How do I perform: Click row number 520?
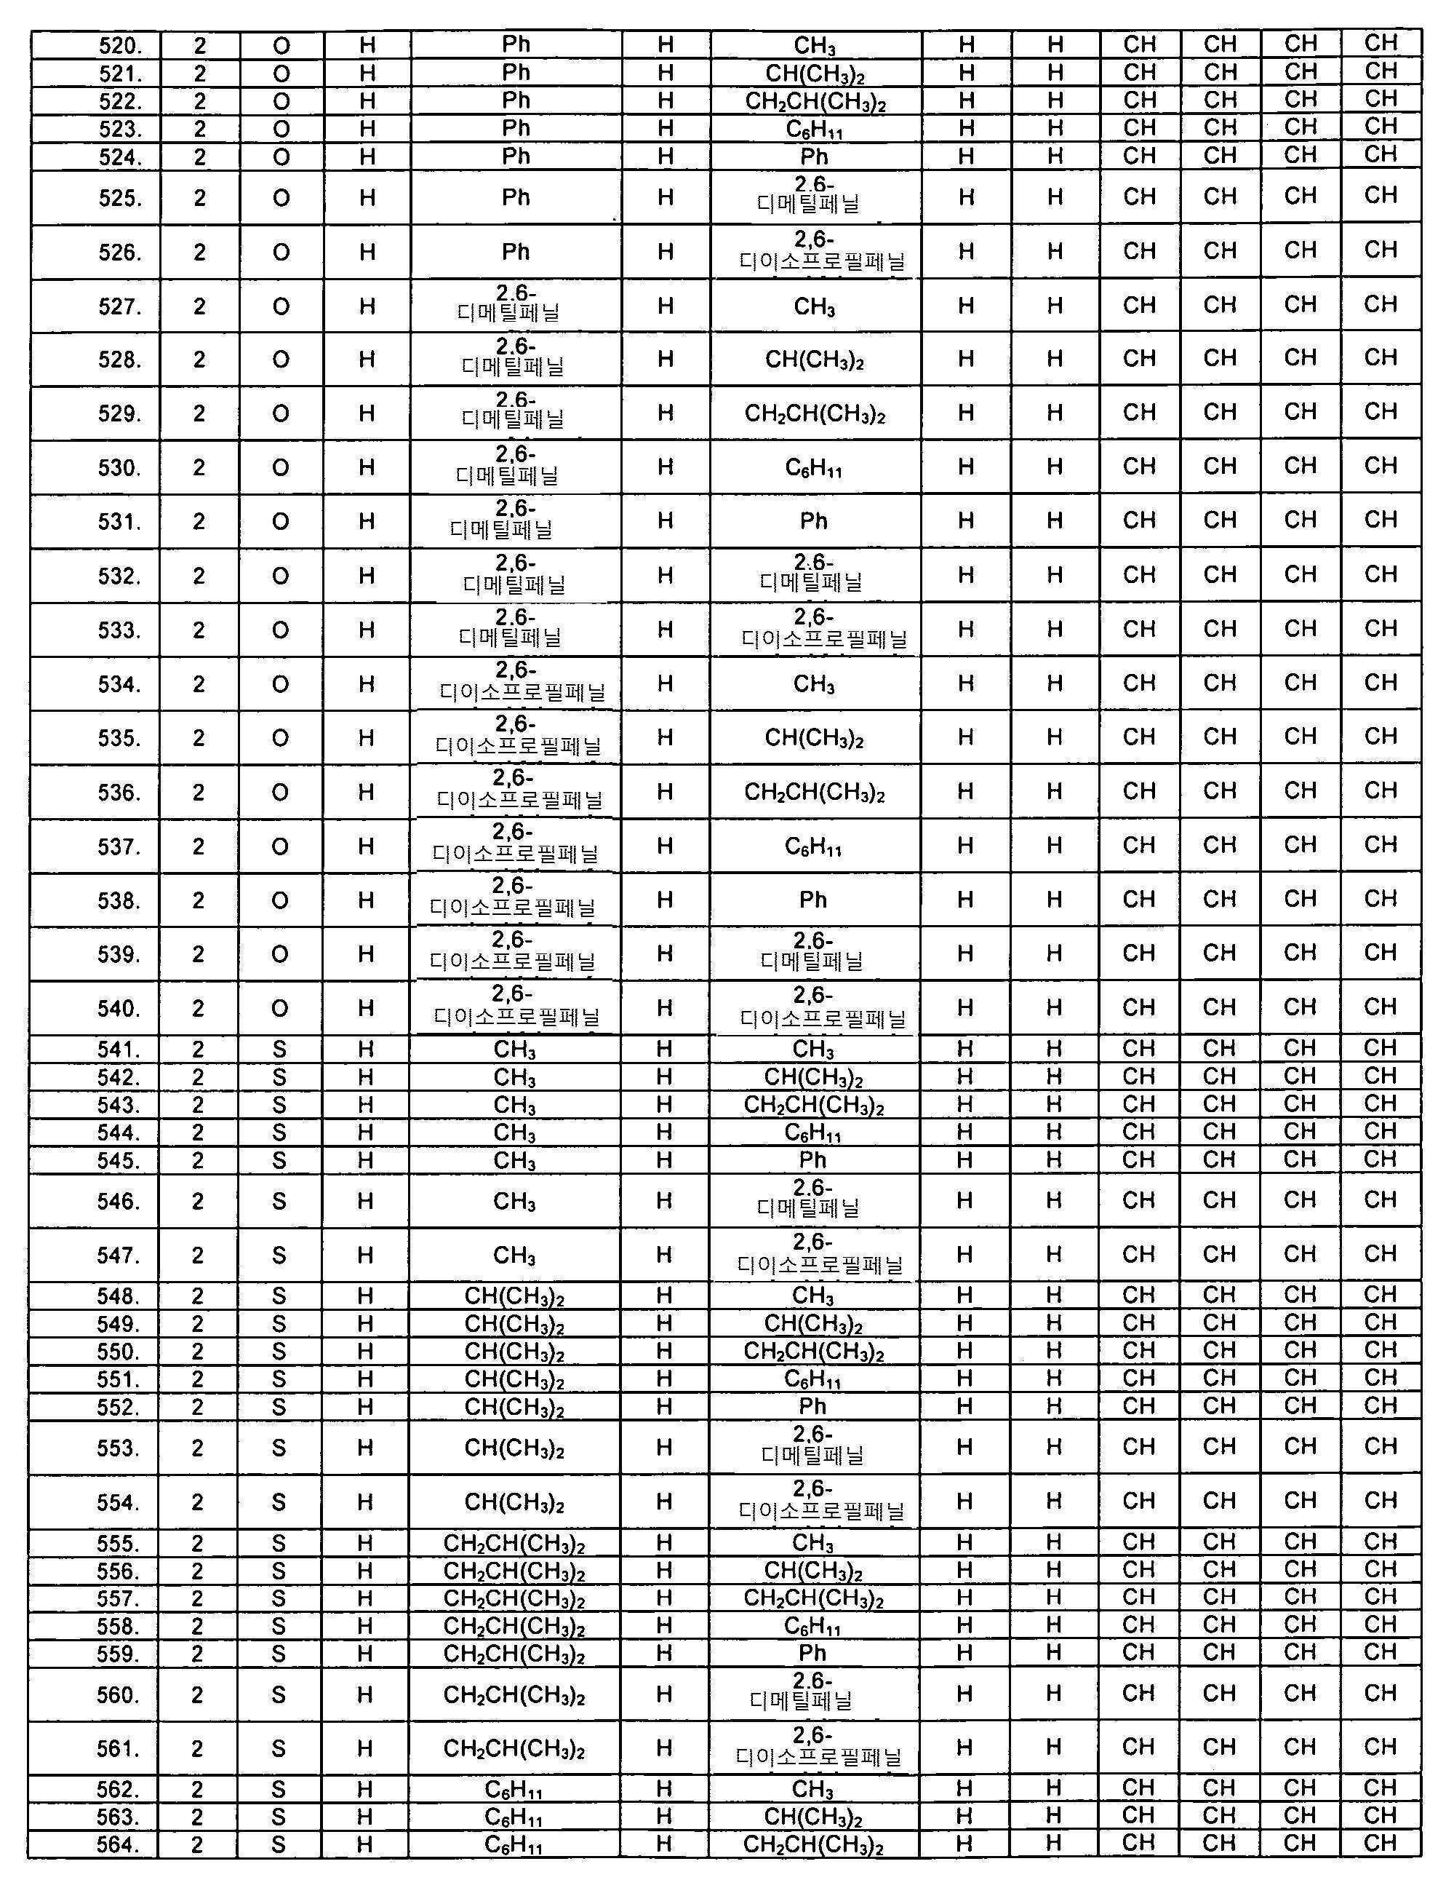click(118, 46)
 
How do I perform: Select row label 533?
click(118, 630)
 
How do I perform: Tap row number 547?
click(118, 1255)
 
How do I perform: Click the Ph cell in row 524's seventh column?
click(814, 156)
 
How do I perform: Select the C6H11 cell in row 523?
click(814, 129)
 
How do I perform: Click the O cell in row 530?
click(281, 467)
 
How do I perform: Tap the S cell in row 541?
click(279, 1050)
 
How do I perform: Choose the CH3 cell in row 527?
click(814, 306)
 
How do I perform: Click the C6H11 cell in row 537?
click(813, 847)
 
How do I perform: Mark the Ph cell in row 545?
click(812, 1159)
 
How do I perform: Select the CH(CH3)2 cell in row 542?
click(813, 1077)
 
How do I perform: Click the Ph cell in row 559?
click(812, 1653)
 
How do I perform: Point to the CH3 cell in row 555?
click(812, 1542)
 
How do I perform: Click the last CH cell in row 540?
click(1380, 1007)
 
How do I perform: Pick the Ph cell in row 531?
click(813, 521)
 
